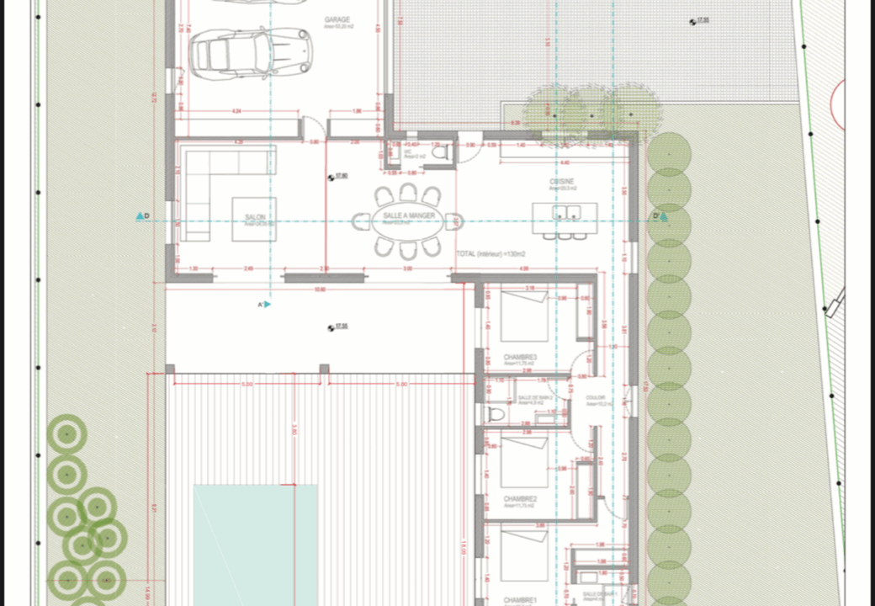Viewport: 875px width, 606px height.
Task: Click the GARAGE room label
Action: [337, 19]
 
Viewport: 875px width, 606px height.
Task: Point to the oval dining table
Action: [408, 219]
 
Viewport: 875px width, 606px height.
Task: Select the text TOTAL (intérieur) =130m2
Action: [491, 253]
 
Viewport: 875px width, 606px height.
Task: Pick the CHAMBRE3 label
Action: [520, 358]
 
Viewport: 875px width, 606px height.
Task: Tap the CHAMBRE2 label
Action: [520, 499]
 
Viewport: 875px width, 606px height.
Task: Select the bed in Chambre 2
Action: [524, 462]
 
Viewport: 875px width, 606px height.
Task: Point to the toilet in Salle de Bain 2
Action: [496, 414]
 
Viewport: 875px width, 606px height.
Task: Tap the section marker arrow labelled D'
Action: [663, 217]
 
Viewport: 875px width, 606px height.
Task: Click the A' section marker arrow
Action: [268, 304]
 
